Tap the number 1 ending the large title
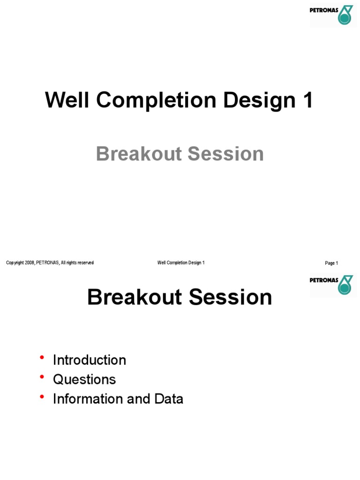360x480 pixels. tap(307, 100)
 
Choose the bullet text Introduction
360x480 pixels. tap(90, 360)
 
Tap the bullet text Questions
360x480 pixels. tap(84, 379)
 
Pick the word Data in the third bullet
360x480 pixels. tap(169, 399)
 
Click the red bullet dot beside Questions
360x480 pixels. tap(42, 377)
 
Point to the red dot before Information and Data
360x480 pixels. tap(42, 397)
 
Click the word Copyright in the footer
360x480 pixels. tap(15, 263)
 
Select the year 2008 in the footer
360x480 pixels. tap(30, 263)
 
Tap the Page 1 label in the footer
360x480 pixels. tap(331, 263)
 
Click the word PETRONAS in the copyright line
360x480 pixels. tap(47, 263)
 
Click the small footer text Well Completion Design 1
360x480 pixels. tap(181, 263)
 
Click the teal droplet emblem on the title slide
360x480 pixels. tap(345, 15)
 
